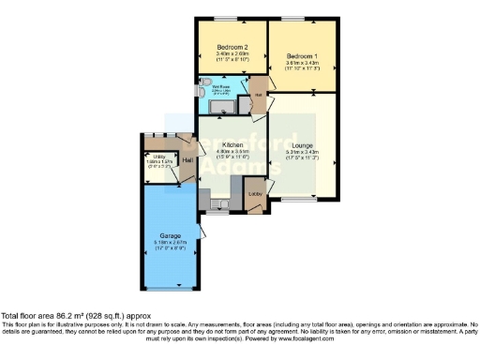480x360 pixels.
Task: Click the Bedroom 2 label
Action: tap(232, 47)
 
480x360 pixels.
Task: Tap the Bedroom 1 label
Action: tap(303, 56)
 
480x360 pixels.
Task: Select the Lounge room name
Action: tap(303, 144)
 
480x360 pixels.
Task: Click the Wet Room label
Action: tap(220, 87)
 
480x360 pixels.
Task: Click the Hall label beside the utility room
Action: tap(187, 161)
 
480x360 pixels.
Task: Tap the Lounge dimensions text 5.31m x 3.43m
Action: tap(303, 152)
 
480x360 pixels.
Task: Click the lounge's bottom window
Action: tap(299, 200)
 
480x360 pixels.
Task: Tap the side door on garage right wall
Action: tap(201, 232)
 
